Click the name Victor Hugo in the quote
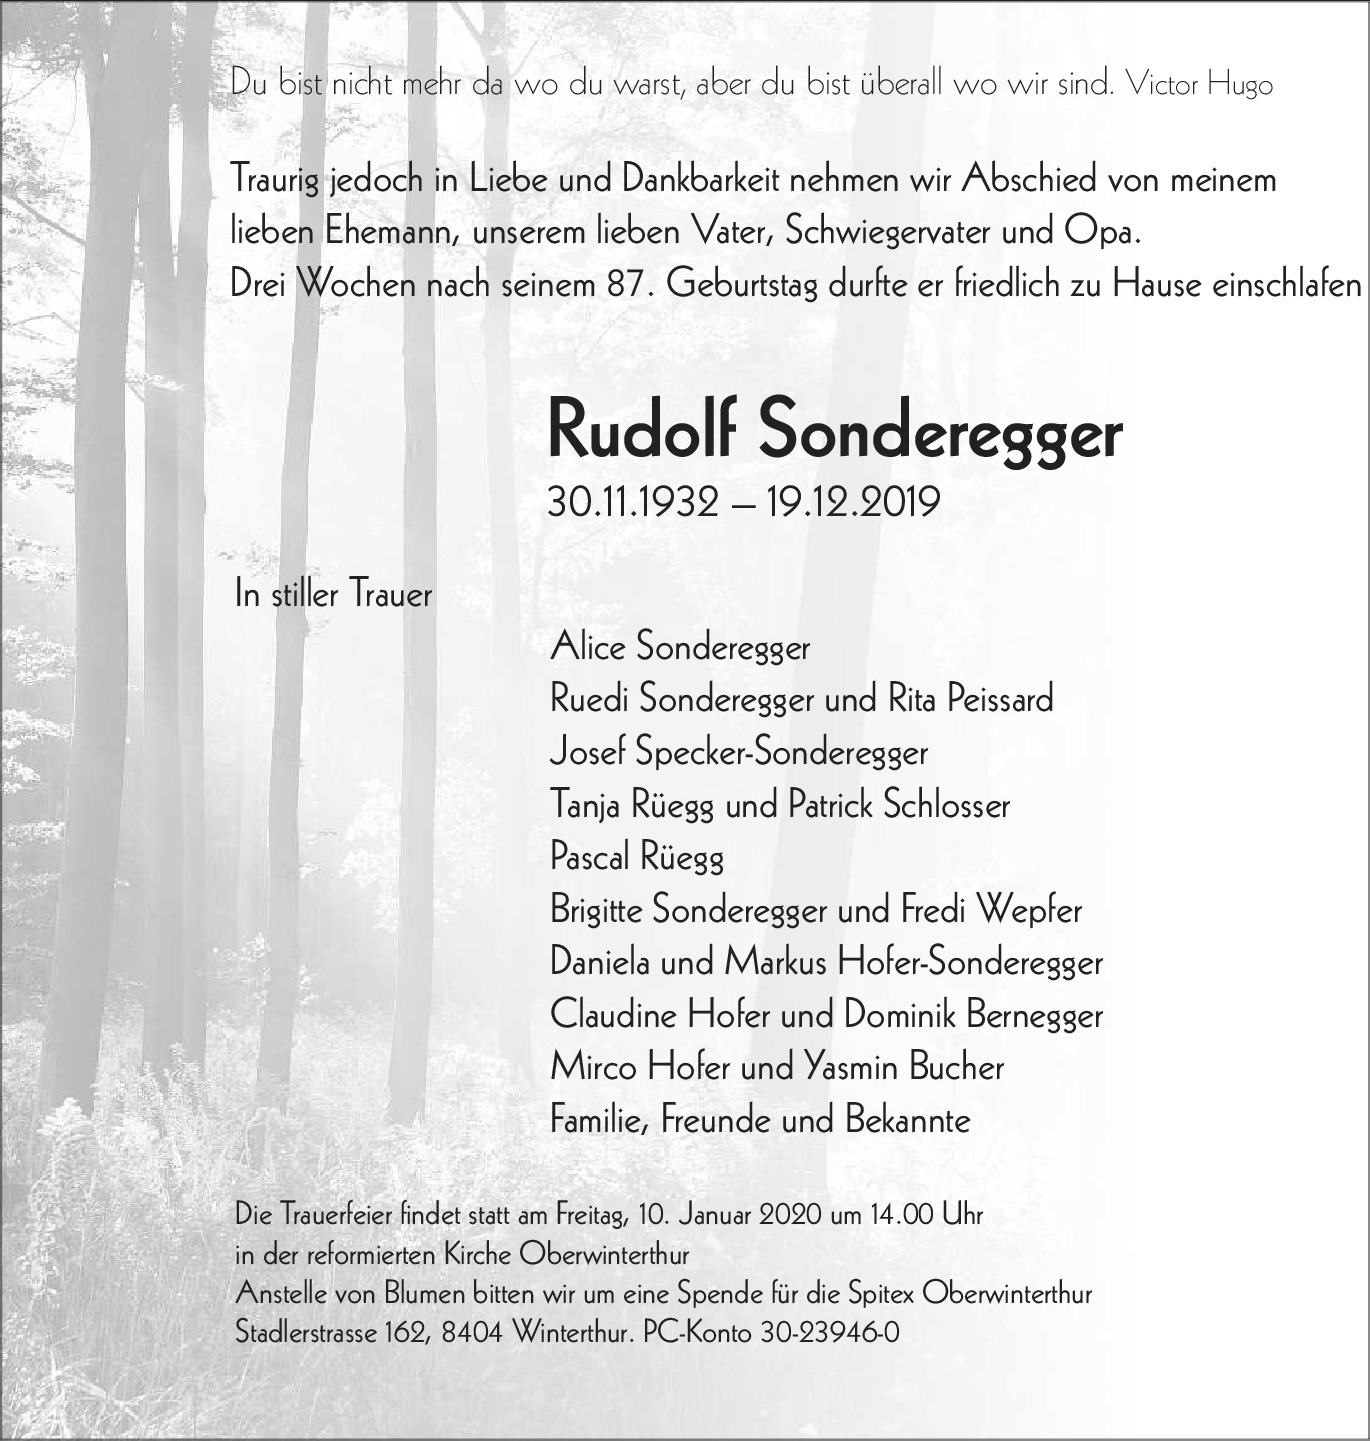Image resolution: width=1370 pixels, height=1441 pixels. pyautogui.click(x=1198, y=84)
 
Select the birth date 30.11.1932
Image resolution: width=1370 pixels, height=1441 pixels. pyautogui.click(x=633, y=501)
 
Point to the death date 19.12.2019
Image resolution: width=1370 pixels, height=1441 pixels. pyautogui.click(x=853, y=501)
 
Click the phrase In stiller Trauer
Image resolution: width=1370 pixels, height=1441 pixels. pyautogui.click(x=333, y=594)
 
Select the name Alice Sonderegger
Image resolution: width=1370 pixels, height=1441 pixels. pyautogui.click(x=680, y=647)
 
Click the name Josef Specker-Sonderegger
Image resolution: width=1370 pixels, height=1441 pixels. pyautogui.click(x=739, y=752)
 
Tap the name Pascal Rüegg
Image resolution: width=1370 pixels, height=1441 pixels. pyautogui.click(x=637, y=858)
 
